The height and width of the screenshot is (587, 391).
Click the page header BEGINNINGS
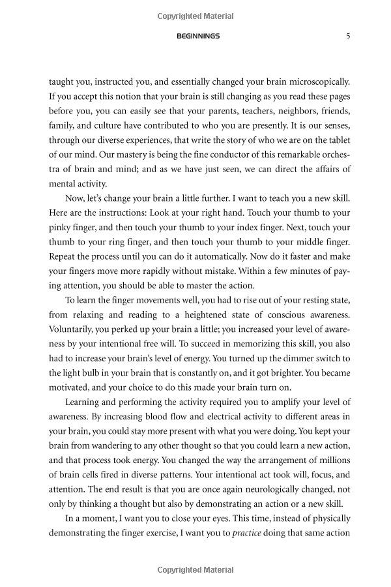198,37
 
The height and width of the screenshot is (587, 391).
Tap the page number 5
348,37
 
